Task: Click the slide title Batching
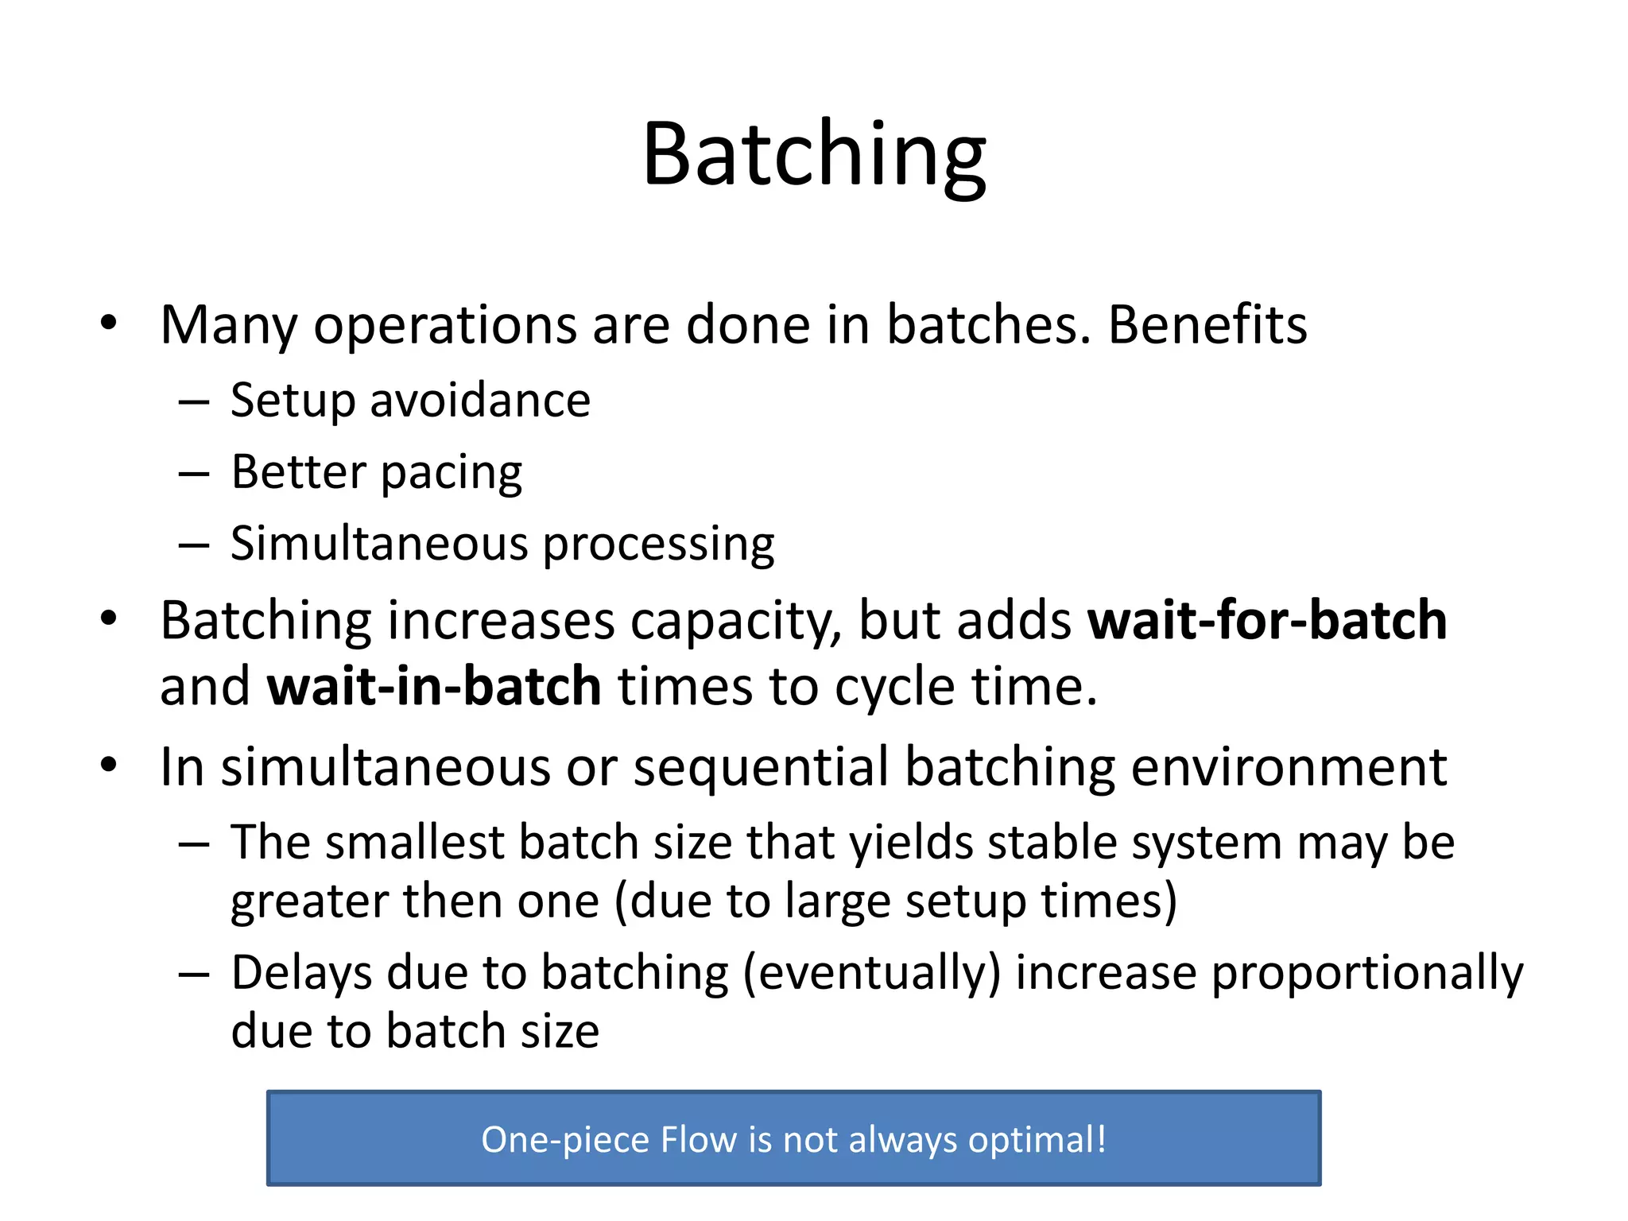[813, 155]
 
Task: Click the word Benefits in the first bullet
[1207, 325]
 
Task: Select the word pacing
[451, 474]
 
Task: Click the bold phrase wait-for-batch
[1266, 620]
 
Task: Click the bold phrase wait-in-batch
[433, 686]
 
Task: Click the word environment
[1288, 767]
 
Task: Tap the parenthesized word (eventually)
[871, 973]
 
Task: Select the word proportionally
[1366, 973]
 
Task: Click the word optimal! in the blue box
[1037, 1140]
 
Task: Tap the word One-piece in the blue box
[565, 1140]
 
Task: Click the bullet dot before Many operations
[109, 324]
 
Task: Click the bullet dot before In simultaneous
[109, 766]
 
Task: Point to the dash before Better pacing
[193, 475]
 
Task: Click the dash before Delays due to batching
[193, 974]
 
